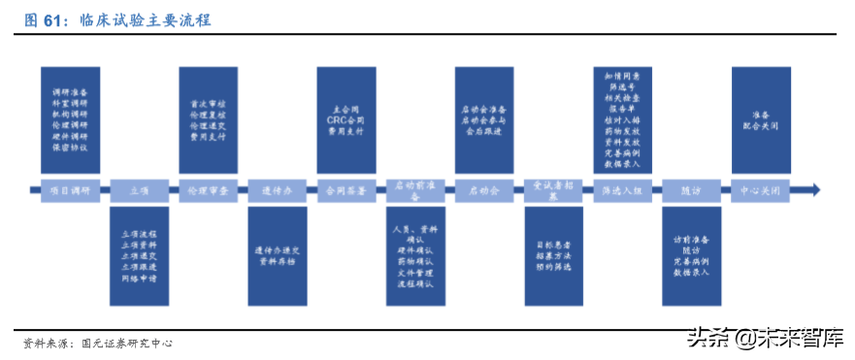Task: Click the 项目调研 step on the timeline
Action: coord(69,190)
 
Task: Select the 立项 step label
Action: coord(140,190)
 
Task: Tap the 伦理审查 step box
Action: coord(209,190)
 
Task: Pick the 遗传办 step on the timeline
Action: coord(278,190)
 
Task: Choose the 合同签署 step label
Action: coord(346,190)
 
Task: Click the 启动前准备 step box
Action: coord(415,190)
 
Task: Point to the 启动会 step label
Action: coord(484,190)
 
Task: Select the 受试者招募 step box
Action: coord(553,190)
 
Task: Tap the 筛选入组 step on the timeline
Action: coord(622,190)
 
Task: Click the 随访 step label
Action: coord(692,190)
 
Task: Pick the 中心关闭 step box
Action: coord(760,190)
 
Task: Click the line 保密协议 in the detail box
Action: coord(70,147)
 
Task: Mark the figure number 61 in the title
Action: coord(49,19)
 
